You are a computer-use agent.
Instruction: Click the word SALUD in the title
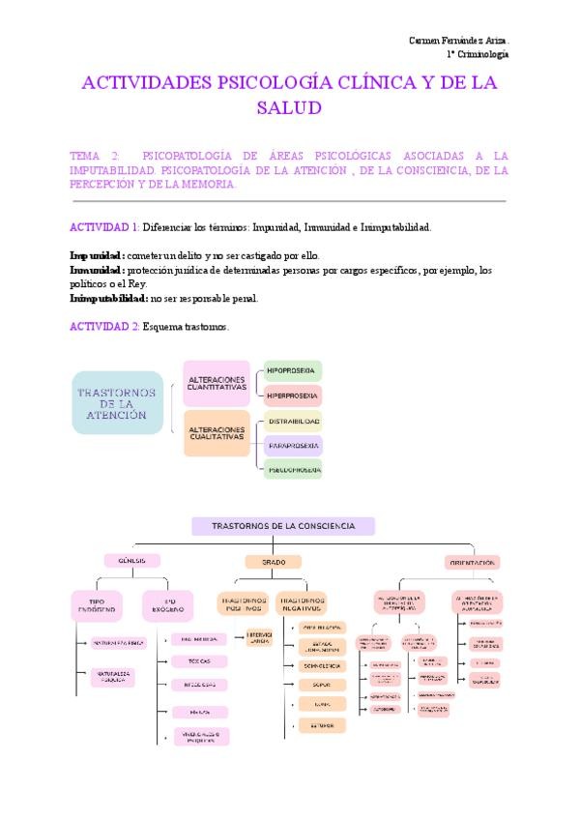[288, 109]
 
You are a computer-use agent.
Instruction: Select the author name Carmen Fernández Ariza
[458, 40]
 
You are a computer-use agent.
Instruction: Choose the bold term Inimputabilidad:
[109, 299]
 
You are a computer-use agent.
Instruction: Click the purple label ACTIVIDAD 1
[104, 227]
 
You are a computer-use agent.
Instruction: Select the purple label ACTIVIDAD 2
[104, 328]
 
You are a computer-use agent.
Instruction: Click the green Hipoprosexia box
[293, 370]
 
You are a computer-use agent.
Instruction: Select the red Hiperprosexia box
[293, 396]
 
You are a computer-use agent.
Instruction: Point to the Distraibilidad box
[293, 423]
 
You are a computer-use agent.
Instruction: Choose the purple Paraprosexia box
[293, 446]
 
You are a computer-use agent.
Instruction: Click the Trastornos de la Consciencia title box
[283, 526]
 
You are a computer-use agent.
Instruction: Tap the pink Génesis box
[131, 561]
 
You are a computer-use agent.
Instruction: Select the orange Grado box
[273, 561]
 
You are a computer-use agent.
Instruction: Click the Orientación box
[473, 562]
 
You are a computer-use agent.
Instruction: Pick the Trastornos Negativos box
[301, 605]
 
